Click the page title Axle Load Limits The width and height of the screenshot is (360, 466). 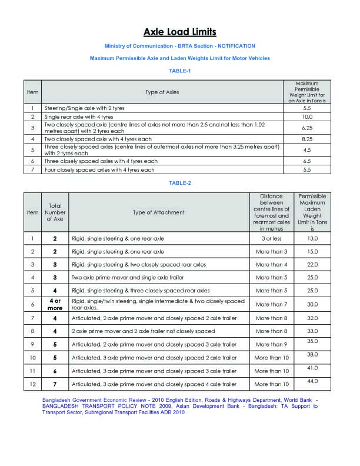179,32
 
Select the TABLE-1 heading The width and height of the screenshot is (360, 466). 180,71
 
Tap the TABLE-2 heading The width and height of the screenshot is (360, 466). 180,183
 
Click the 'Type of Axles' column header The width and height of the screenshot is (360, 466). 162,92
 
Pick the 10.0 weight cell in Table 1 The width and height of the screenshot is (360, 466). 306,117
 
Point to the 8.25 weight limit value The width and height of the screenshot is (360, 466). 306,139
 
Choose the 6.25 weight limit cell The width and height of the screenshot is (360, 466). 306,128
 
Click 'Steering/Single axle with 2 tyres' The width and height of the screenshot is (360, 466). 84,108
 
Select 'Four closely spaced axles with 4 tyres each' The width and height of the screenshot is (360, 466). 99,169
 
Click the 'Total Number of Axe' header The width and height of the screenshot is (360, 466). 55,212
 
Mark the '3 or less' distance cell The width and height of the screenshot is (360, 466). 271,238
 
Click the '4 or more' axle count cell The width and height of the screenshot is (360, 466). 55,304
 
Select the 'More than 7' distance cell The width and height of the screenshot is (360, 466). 271,304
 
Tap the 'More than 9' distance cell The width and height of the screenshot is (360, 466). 271,344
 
